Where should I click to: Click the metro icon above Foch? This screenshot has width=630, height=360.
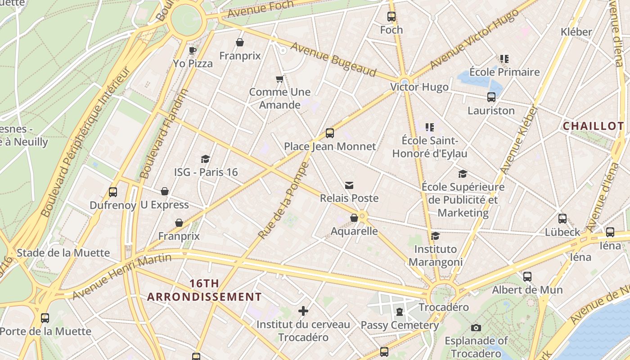coord(391,17)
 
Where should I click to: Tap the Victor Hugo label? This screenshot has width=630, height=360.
coord(419,87)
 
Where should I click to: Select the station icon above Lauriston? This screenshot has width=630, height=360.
coord(491,97)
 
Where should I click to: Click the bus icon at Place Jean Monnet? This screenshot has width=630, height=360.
coord(330,133)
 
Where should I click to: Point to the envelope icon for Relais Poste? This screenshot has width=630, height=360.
coord(349,185)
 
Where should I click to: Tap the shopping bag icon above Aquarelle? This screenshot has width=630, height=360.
coord(354,218)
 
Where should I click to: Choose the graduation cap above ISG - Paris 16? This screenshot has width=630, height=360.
coord(206,159)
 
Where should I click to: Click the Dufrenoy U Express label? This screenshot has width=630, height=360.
coord(139,205)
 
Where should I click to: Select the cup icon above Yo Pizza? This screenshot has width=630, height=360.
coord(193,50)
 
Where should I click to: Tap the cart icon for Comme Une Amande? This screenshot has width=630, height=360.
coord(279,79)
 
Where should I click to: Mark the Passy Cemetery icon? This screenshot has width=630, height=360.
coord(399,311)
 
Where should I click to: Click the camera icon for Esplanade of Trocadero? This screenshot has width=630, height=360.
coord(476,328)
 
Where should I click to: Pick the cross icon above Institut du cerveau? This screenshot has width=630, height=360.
coord(303,310)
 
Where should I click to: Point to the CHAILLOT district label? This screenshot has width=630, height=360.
coord(593,126)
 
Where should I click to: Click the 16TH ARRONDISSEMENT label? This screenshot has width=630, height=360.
coord(204,290)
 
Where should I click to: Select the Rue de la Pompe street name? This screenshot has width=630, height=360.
coord(283,200)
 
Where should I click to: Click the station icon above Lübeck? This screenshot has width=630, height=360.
coord(562,219)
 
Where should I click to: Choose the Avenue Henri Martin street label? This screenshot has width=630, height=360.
coord(121,276)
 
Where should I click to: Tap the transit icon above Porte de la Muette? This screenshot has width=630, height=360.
coord(45,318)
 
